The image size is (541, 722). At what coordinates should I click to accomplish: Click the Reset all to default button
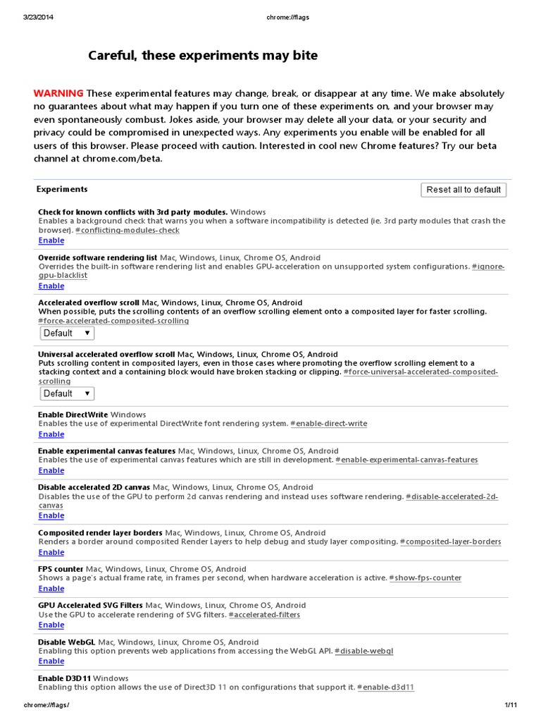pos(464,190)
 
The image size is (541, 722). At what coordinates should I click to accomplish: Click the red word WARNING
pos(58,94)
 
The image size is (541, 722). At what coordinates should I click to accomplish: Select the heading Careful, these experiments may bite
pos(203,55)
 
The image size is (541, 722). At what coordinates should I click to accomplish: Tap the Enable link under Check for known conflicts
pos(51,240)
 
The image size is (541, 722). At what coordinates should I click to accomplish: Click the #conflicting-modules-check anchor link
pos(128,230)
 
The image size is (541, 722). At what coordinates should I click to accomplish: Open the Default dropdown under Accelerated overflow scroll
pos(67,333)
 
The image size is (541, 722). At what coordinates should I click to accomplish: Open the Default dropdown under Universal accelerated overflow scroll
pos(67,393)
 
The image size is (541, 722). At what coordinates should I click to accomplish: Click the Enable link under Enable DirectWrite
pos(51,434)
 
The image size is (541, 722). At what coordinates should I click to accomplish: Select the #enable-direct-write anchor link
pos(329,424)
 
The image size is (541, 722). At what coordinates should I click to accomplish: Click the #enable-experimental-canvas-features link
pos(406,460)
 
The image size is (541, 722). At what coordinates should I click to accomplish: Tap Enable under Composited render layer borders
pos(51,552)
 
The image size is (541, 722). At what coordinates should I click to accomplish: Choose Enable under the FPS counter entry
pos(51,589)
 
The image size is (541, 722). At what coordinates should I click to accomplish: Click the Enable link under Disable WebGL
pos(51,661)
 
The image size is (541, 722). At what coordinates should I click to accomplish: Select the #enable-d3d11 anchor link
pos(386,687)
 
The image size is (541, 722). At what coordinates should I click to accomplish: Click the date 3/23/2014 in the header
pos(39,18)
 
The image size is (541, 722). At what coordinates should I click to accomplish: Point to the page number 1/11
pos(511,705)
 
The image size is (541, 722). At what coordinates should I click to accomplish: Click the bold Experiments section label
pos(62,189)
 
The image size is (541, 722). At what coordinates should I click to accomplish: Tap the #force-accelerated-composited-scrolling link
pos(113,321)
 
